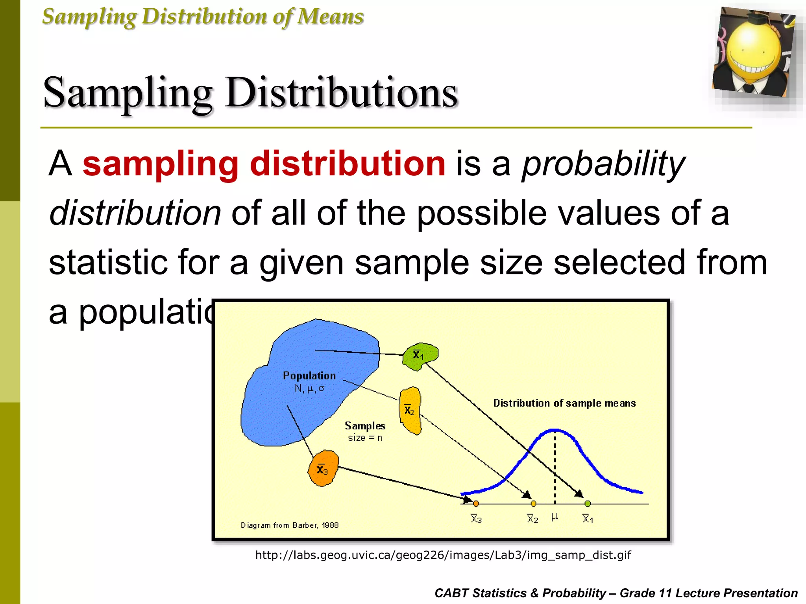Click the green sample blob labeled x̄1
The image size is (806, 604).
[420, 356]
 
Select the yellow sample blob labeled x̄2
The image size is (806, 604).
[410, 410]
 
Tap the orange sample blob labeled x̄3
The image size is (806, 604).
[323, 469]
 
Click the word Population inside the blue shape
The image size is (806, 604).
[309, 376]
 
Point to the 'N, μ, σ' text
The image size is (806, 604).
[309, 389]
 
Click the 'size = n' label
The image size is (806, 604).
[365, 438]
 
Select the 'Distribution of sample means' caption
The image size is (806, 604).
[564, 403]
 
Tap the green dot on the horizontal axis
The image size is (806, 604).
[588, 504]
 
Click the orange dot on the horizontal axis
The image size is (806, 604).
[476, 504]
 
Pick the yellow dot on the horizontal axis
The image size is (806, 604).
[533, 504]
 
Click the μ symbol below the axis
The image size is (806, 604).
[555, 517]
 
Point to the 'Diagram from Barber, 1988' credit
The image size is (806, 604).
[289, 525]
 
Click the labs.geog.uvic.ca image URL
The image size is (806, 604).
[443, 555]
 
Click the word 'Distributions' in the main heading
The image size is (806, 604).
[341, 93]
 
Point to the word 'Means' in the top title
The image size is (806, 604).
[330, 17]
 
